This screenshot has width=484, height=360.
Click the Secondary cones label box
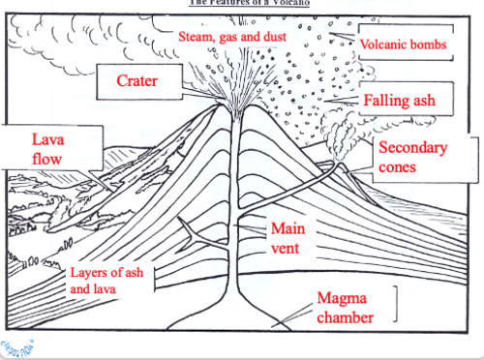point(411,157)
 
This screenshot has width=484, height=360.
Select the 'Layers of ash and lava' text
point(108,280)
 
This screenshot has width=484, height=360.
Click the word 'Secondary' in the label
point(411,148)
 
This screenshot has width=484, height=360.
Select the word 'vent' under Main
point(287,248)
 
